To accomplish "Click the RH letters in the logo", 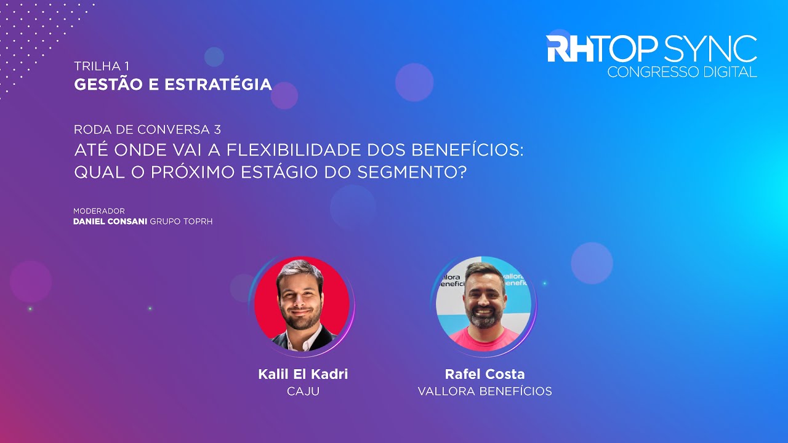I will (x=570, y=49).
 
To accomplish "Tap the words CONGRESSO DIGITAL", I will (x=681, y=72).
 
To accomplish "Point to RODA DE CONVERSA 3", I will (x=147, y=129).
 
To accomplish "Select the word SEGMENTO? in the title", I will (x=411, y=172).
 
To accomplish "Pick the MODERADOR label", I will (x=99, y=211).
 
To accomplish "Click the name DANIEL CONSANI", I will (x=110, y=221).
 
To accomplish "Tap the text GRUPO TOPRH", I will (x=182, y=221).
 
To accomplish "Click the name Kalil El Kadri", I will (x=303, y=374).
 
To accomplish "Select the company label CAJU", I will (x=303, y=391).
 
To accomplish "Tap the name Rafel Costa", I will (x=484, y=374).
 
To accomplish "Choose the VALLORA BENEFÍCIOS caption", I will (x=484, y=391).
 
